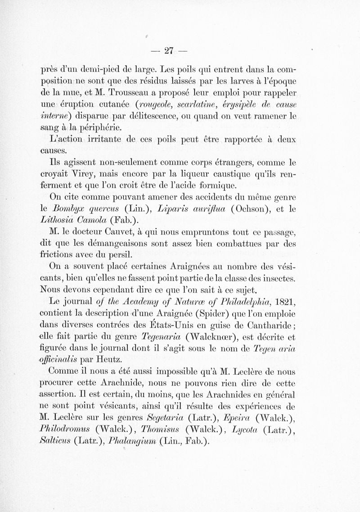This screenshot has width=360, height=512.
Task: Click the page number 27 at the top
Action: tap(169, 50)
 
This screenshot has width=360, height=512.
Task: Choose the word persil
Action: tap(118, 255)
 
